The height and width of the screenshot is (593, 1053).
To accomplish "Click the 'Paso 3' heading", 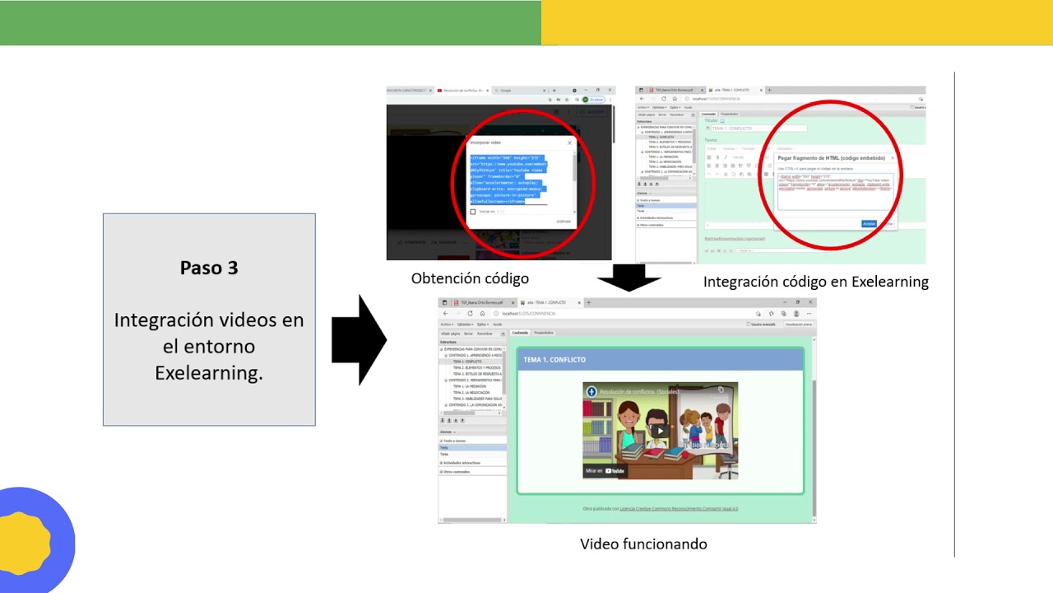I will [x=209, y=268].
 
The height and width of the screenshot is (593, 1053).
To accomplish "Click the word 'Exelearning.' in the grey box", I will [x=209, y=372].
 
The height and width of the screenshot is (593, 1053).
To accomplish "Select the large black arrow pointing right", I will [x=359, y=339].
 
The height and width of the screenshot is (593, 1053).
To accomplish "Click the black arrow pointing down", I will [x=629, y=280].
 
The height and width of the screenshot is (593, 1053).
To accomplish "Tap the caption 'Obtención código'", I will [x=470, y=278].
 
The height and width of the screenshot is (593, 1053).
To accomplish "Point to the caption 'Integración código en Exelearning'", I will [x=815, y=282].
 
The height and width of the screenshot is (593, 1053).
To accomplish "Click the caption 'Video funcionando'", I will [x=643, y=544].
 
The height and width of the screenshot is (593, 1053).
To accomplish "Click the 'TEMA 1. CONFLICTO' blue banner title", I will [x=554, y=360].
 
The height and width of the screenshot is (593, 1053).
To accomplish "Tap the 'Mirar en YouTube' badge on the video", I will [x=606, y=471].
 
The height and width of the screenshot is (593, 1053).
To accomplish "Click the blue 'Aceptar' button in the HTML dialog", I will [x=869, y=223].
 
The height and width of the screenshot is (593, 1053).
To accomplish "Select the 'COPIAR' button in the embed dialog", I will [x=564, y=222].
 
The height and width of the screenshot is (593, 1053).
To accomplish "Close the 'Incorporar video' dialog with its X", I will [x=569, y=142].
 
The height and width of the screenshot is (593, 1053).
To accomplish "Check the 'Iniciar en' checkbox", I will [x=473, y=212].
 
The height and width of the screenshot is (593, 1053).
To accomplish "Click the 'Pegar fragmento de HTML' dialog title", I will [x=831, y=157].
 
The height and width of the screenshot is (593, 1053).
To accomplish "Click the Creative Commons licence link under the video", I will [x=679, y=509].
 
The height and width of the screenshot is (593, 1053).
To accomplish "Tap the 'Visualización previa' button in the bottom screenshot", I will [x=798, y=325].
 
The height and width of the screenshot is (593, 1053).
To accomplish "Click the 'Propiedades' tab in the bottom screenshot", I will [x=544, y=333].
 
